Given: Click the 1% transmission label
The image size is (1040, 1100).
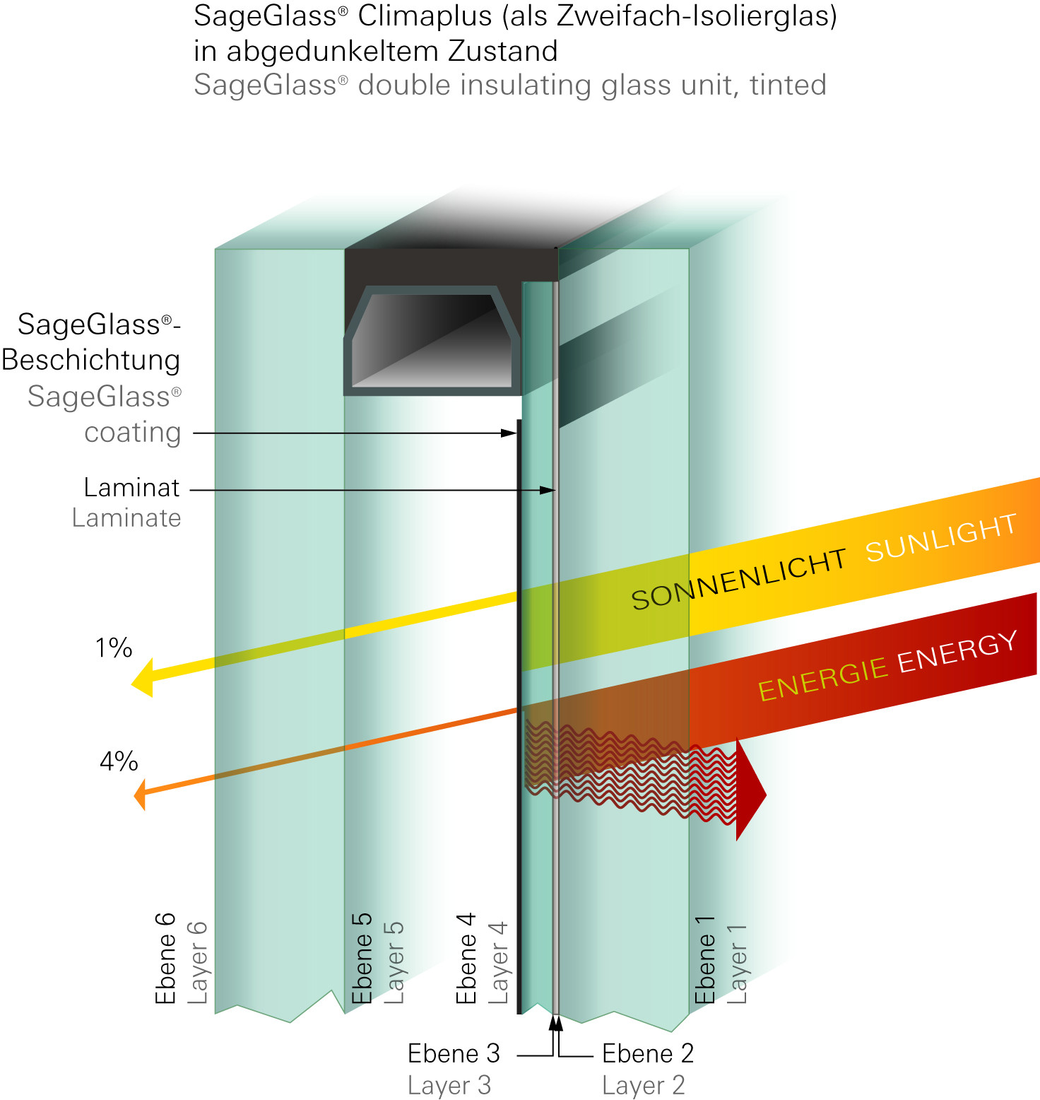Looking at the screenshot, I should pos(114,648).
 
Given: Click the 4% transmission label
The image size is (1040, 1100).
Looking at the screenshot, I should pos(119,761).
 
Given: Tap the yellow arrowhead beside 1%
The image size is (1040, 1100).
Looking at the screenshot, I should pos(143,678).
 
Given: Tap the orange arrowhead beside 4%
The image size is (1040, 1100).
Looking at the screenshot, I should pos(141,795).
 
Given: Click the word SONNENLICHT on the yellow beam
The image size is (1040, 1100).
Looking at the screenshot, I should pos(738,579).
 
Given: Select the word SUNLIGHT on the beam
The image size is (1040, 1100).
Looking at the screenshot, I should pos(941,538).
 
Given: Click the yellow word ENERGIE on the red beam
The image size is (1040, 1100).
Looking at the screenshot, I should pos(822,678).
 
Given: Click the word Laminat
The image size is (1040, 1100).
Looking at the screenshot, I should pos(131,488).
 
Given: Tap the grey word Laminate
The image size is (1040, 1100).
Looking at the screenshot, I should pos(126,518).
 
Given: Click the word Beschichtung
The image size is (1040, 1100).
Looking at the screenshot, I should pos(91,360).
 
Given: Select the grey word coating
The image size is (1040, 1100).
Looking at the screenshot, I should pos(133,432).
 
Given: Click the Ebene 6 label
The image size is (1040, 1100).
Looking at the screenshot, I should pos(165,958).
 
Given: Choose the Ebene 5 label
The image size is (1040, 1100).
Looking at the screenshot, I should pos(362,958).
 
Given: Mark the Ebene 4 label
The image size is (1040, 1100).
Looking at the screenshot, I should pos(466,958).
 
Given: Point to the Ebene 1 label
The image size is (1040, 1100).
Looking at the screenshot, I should pos(705,959).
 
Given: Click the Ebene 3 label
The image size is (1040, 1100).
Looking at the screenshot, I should pos(454,1053).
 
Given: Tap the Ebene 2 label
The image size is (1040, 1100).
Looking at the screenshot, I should pos(648,1053).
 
